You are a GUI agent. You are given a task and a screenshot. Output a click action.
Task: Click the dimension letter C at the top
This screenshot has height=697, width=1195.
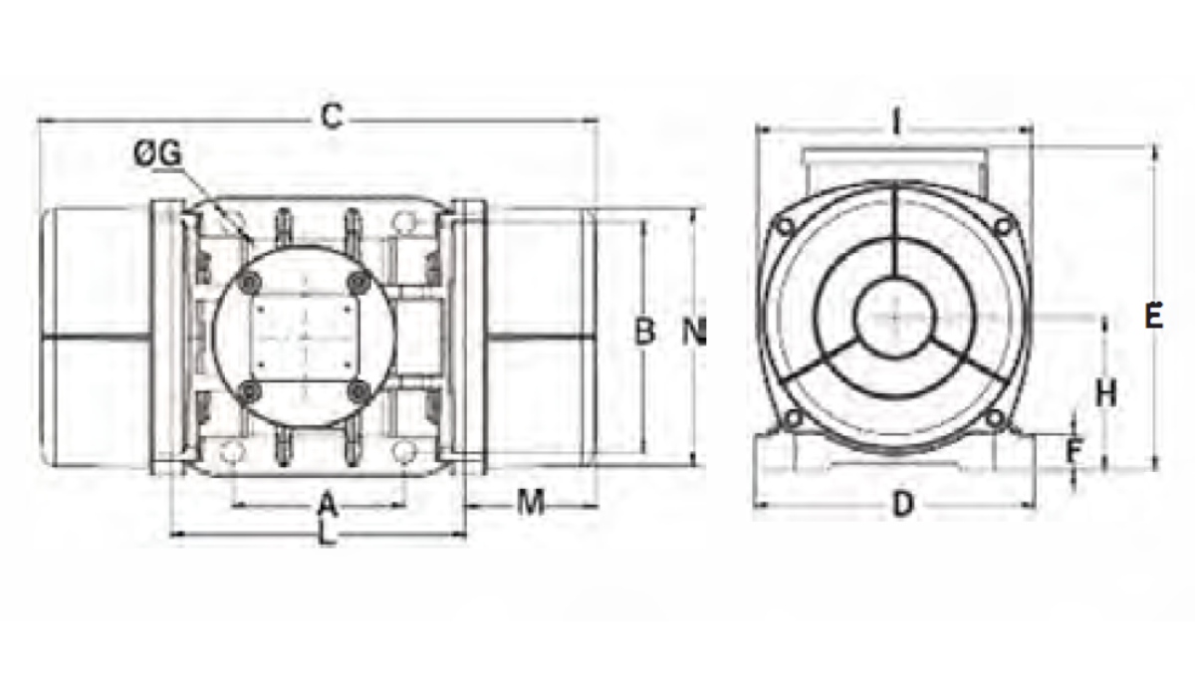click(x=332, y=116)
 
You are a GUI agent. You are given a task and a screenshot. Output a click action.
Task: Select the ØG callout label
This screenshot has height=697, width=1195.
click(x=158, y=154)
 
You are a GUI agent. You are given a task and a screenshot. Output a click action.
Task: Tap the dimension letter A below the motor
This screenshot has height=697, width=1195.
click(x=328, y=504)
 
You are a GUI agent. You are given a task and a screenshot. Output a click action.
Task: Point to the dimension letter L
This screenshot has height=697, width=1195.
click(x=326, y=534)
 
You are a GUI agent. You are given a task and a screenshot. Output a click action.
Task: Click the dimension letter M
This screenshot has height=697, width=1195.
click(x=531, y=502)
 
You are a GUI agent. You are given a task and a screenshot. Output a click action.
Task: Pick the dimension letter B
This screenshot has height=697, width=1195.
click(x=644, y=331)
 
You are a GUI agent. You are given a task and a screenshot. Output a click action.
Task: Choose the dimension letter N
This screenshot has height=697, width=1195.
click(x=694, y=331)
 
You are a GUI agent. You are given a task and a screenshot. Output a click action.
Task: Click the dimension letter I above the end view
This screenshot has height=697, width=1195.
click(x=896, y=121)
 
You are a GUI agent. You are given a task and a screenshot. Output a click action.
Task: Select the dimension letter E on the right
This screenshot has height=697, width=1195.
click(x=1154, y=316)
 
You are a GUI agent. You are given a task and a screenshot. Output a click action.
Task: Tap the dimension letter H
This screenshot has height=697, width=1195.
click(x=1106, y=393)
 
